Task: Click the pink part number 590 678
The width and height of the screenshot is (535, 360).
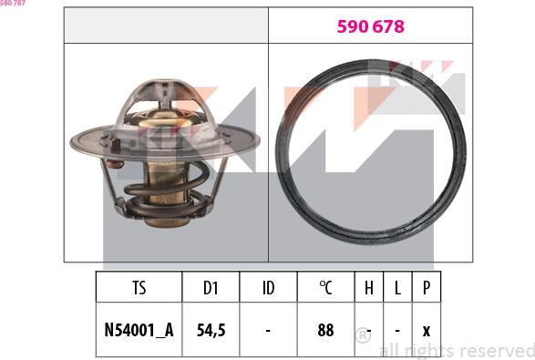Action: point(371,27)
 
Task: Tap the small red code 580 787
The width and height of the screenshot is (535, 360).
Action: point(13,4)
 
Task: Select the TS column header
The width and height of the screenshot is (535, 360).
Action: point(139,288)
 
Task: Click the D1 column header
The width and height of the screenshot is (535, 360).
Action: point(211,288)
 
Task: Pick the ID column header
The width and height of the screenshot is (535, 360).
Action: point(268,288)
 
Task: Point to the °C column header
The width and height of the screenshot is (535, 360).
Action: point(325,288)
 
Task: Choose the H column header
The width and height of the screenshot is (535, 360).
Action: point(369,288)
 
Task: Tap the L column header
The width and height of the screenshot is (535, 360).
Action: point(397,288)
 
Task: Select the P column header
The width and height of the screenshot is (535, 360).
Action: point(427,288)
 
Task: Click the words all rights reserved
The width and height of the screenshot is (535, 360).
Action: point(456,350)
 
